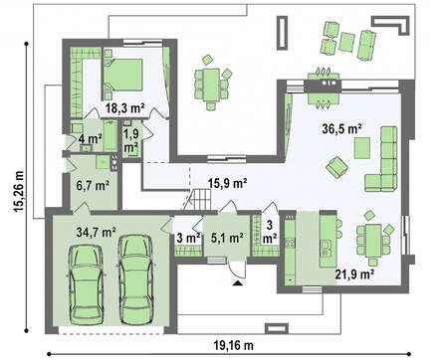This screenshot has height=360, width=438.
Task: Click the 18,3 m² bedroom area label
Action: coord(125,108)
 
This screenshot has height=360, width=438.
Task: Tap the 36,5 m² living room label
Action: coord(341,129)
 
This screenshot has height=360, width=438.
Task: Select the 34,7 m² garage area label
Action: coord(96,232)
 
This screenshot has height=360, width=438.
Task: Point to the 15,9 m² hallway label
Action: coord(228,183)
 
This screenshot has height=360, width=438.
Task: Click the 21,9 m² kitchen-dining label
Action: coord(354,274)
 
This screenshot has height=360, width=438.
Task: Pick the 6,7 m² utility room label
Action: coord(93,186)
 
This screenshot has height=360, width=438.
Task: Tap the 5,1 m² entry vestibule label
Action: coord(227,238)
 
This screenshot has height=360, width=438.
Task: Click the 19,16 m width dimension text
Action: coord(233,346)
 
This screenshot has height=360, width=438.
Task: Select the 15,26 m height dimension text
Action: coord(19,191)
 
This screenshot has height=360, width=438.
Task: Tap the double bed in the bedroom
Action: coord(122,75)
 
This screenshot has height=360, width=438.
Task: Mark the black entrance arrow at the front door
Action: coord(237,283)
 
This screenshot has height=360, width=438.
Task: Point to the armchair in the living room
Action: coord(336,167)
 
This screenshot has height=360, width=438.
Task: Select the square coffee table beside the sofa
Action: coord(362,148)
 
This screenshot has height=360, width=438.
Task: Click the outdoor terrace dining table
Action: coord(211,85)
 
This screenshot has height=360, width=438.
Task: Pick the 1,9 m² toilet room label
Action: coord(131,140)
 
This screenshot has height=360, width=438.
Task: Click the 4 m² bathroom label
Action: coord(90,138)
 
